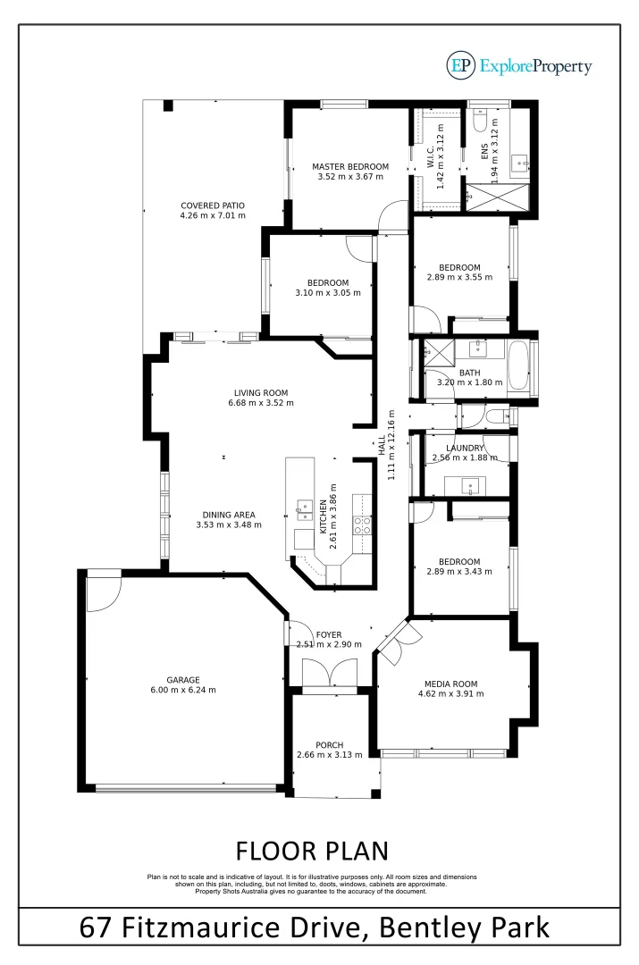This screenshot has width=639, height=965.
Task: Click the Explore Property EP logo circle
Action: [461, 65]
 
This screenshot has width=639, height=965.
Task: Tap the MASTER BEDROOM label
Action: [350, 167]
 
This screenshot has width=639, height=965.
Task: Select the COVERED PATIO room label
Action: [212, 206]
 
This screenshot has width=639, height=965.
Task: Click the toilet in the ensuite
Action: [479, 122]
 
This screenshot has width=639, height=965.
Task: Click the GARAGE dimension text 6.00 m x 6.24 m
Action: [183, 690]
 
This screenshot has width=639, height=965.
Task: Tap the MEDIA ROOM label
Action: [453, 684]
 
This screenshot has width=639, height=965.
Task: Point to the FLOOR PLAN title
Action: [312, 848]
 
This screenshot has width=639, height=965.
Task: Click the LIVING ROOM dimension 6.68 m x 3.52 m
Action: [261, 403]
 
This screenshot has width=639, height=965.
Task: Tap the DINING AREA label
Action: [229, 515]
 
